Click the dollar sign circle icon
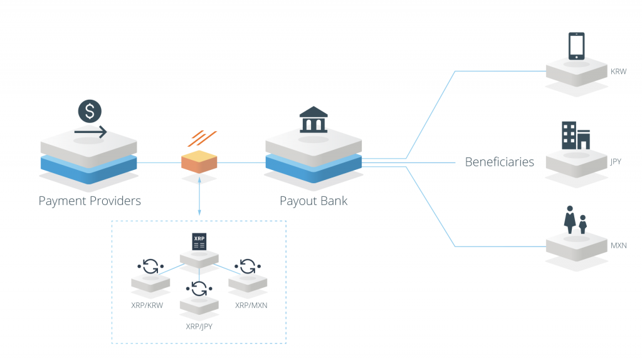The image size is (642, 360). [x=90, y=111]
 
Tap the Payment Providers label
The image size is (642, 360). [x=90, y=201]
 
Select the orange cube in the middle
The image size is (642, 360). [x=199, y=161]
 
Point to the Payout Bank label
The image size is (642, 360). [x=313, y=201]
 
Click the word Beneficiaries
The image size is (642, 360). [x=499, y=162]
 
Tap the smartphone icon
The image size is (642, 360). [x=576, y=46]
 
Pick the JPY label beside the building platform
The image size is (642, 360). [x=616, y=161]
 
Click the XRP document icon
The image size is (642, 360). [x=199, y=242]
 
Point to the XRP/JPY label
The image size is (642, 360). [x=199, y=326]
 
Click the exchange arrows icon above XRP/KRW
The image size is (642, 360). [x=150, y=267]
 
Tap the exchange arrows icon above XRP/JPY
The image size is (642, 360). [x=199, y=289]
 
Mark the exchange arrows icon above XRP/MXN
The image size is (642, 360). [x=248, y=267]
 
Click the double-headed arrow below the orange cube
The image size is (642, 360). [x=199, y=196]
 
